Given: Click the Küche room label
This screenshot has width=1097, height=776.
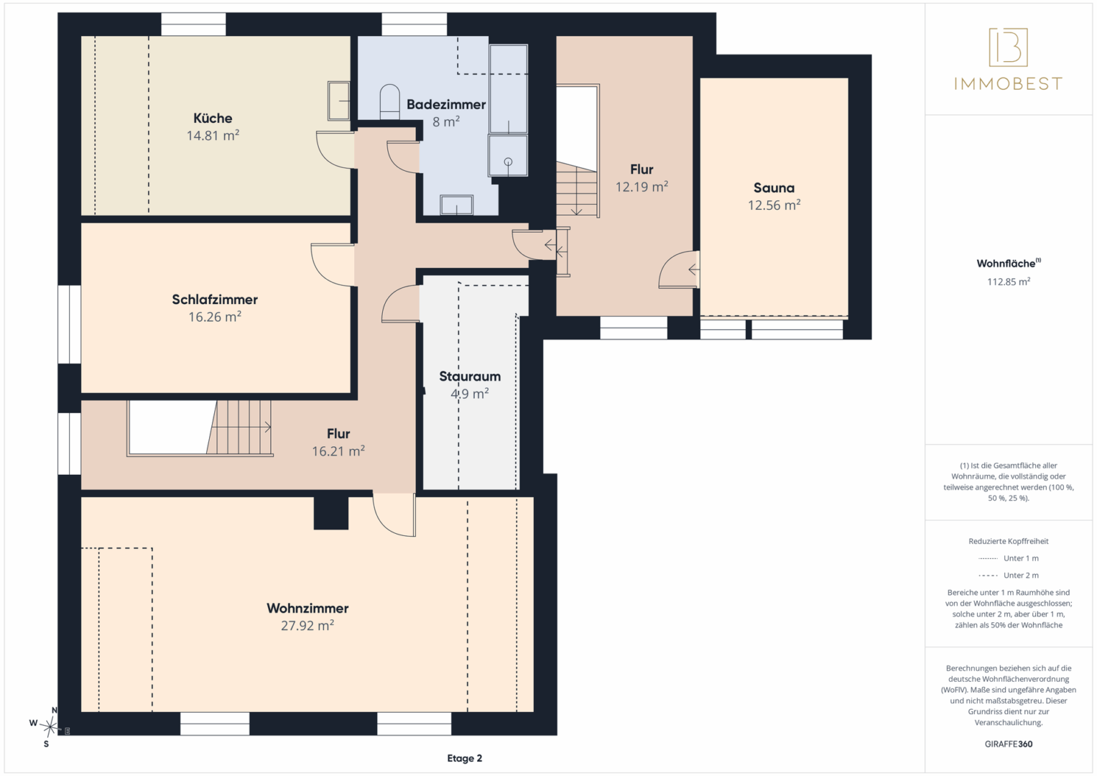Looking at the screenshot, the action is pyautogui.click(x=213, y=118).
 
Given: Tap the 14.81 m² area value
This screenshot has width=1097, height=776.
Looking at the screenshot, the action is pyautogui.click(x=213, y=135).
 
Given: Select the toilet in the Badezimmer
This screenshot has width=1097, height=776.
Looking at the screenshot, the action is pyautogui.click(x=390, y=102).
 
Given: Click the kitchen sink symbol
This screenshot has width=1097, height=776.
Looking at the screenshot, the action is pyautogui.click(x=339, y=101).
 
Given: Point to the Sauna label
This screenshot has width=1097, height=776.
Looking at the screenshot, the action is pyautogui.click(x=774, y=188).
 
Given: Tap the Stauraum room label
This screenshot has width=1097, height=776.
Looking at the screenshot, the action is pyautogui.click(x=470, y=377).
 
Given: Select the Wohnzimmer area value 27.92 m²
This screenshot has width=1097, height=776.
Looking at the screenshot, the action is pyautogui.click(x=307, y=626).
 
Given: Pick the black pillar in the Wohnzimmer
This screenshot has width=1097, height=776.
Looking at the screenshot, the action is pyautogui.click(x=331, y=513).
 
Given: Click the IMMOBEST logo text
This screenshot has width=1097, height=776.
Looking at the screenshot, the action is pyautogui.click(x=1009, y=84).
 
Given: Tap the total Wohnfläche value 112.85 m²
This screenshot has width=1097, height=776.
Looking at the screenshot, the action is pyautogui.click(x=1009, y=282).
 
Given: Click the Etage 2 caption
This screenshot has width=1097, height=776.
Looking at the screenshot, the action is pyautogui.click(x=464, y=758).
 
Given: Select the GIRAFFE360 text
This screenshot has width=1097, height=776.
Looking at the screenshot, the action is pyautogui.click(x=1009, y=744).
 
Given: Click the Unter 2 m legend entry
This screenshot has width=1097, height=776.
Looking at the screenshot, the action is pyautogui.click(x=1009, y=575).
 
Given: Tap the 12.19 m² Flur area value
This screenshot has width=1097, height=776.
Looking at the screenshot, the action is pyautogui.click(x=642, y=187).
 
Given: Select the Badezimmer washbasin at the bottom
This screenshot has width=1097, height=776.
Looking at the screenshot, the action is pyautogui.click(x=456, y=205).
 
